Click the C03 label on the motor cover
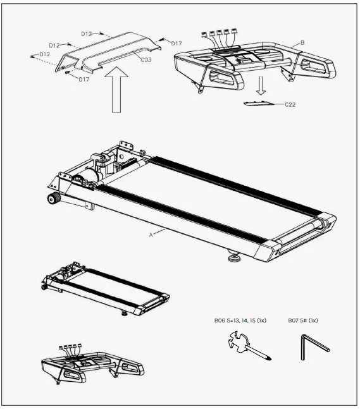coord(146,59)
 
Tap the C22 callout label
coord(290,104)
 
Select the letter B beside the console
coord(302,42)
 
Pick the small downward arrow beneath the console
coord(259,85)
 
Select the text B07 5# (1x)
coord(303,320)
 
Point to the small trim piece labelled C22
coord(259,102)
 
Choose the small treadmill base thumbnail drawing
coord(104,287)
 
